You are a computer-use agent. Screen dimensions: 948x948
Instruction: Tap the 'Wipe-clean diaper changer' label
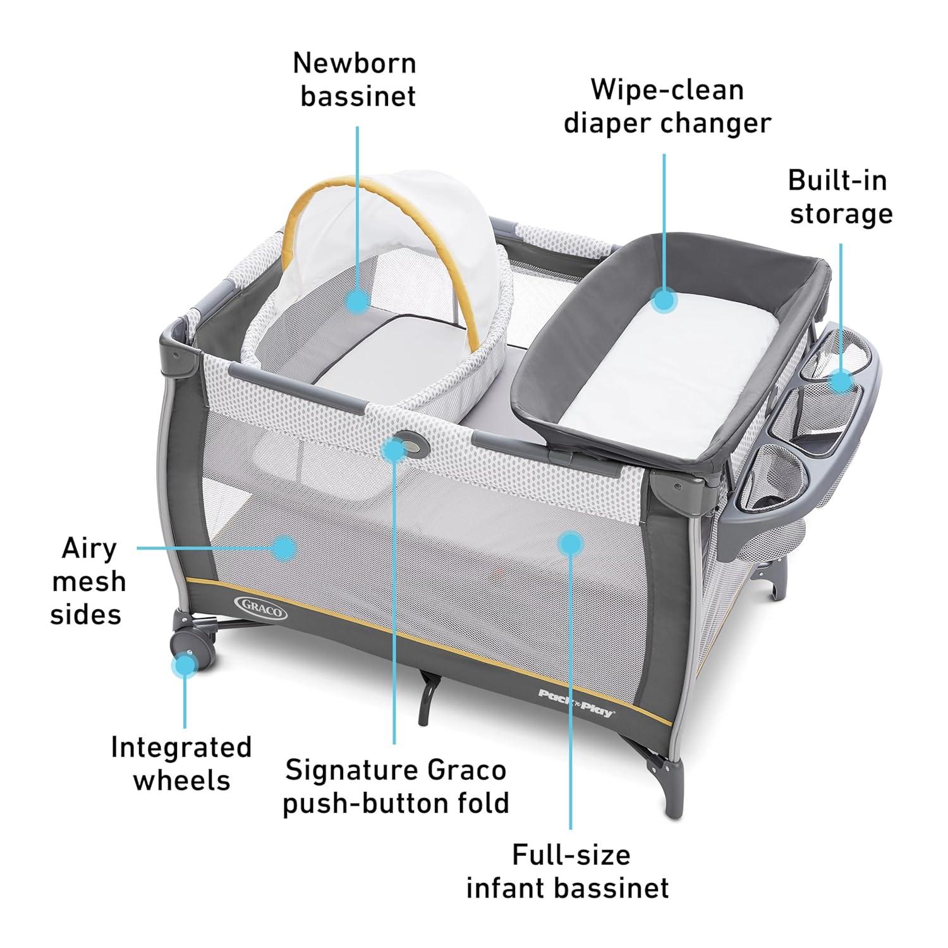[x=667, y=106]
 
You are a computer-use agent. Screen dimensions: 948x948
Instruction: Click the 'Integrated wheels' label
[x=181, y=763]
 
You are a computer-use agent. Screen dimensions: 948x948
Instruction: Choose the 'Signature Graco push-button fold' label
[x=396, y=787]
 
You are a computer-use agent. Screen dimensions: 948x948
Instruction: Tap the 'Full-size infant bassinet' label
[x=567, y=871]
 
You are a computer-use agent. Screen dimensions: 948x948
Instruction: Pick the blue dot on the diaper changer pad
[x=664, y=300]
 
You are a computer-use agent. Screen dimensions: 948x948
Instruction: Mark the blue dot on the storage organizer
[x=841, y=382]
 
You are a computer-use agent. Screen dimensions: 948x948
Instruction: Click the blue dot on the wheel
[x=185, y=664]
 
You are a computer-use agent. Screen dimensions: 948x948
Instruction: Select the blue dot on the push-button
[x=394, y=449]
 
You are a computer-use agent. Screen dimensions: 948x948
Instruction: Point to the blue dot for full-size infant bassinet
[x=571, y=542]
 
